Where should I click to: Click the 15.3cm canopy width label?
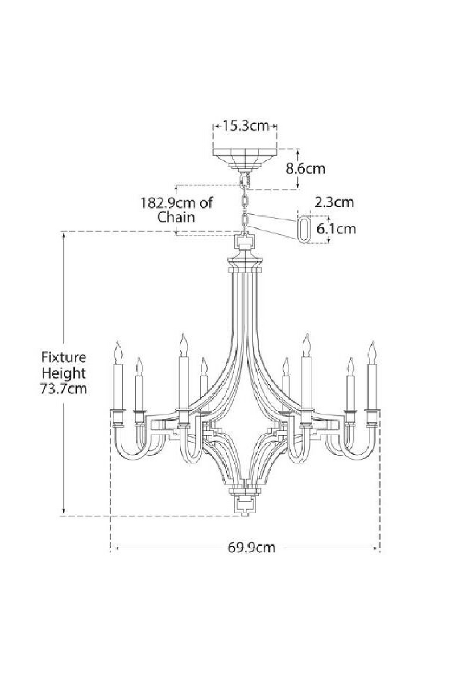click(x=245, y=126)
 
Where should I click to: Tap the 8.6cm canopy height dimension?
click(x=305, y=168)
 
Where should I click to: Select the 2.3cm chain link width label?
click(x=333, y=202)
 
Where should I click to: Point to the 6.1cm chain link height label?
click(x=336, y=228)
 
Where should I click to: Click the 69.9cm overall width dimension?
click(x=251, y=548)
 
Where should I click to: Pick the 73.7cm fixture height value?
click(x=63, y=389)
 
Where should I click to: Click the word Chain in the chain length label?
click(x=176, y=217)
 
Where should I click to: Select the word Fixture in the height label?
click(x=63, y=357)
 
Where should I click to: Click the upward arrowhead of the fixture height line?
click(x=64, y=235)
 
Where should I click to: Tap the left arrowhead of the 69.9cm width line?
click(x=114, y=548)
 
